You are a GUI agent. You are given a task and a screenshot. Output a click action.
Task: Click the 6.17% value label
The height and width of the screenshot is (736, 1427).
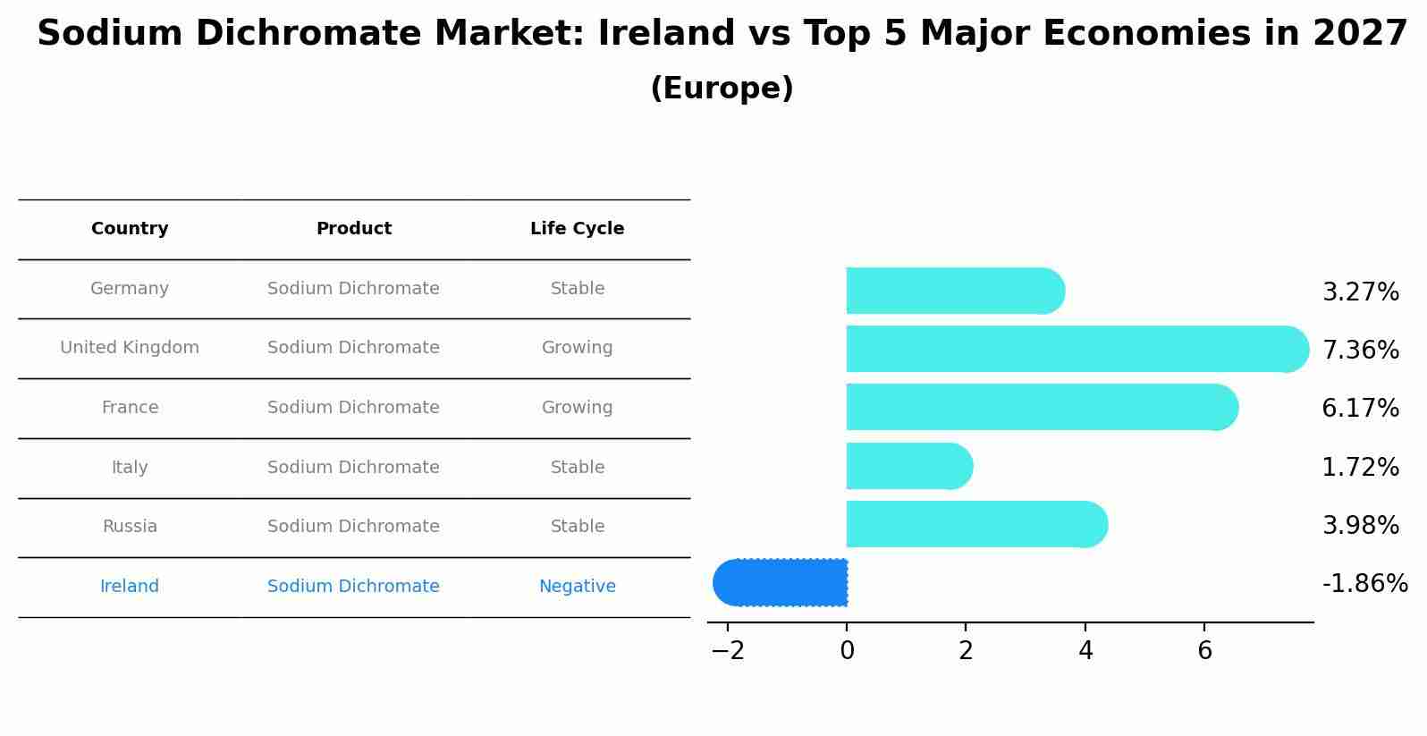point(1360,409)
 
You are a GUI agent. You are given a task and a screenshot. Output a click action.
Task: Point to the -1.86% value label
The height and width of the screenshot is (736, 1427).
point(1364,584)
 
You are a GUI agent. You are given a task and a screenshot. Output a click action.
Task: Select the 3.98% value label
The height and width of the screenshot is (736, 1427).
point(1360,526)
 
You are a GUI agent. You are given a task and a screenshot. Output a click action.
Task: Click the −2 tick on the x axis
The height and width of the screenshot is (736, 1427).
point(728,651)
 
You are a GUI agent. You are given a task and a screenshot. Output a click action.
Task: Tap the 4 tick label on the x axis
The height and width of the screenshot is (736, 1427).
point(1085,651)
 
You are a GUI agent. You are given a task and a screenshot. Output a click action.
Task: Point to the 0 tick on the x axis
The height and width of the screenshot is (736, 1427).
point(847,651)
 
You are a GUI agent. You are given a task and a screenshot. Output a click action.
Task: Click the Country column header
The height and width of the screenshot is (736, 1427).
point(130,229)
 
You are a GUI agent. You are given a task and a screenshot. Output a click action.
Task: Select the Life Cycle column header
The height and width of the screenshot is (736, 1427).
point(577,229)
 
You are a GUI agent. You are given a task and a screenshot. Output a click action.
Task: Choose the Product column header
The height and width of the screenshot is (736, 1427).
point(353,229)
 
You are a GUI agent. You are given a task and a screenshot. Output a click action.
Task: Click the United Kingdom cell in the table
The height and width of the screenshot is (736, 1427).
point(130,348)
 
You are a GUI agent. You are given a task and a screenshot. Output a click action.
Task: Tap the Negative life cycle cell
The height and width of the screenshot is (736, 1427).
point(577,587)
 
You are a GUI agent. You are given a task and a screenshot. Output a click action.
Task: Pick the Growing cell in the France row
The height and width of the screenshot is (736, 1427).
point(577,408)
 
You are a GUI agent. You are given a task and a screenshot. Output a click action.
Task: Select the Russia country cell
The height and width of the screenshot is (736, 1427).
point(130,527)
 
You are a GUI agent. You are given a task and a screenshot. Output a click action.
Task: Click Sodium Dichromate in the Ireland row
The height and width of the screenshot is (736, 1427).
point(353,587)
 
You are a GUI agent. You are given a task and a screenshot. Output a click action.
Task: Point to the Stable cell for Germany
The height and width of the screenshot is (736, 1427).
point(577,289)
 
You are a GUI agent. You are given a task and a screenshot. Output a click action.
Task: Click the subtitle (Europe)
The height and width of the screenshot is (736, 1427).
point(722,89)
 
